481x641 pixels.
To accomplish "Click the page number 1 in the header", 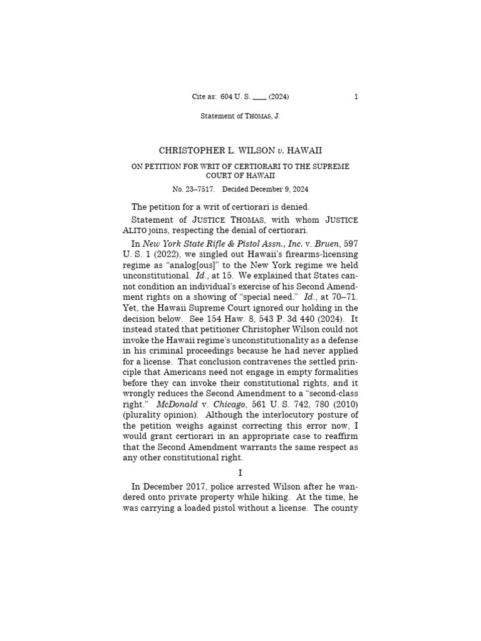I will (356, 96).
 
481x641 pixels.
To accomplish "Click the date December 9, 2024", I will (281, 189).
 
